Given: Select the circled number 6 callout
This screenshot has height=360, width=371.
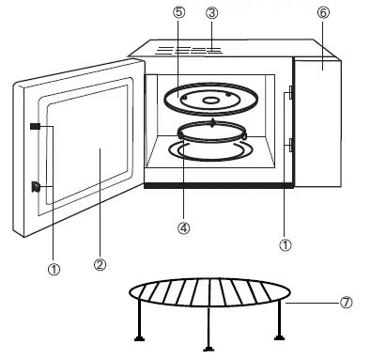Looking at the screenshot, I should pos(322,14).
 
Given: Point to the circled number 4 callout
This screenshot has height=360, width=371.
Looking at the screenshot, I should pos(185,227).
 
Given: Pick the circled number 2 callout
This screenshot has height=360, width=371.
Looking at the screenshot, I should pos(100,264).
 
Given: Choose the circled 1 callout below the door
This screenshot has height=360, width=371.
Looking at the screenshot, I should pos(54,269).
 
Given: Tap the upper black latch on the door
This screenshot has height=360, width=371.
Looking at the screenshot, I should pos(35,127).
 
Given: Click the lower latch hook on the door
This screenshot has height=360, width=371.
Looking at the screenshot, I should pos(36,186).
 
